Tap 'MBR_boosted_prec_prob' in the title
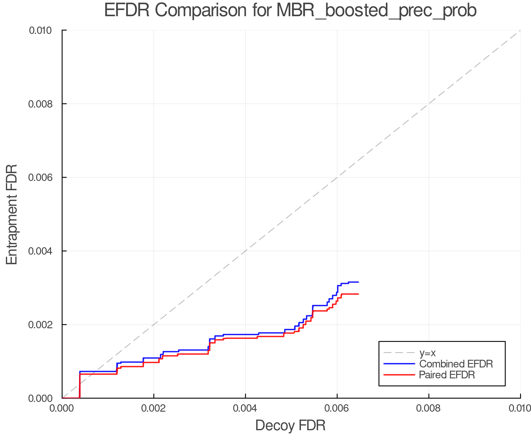tap(376, 11)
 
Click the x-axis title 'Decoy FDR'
tap(290, 425)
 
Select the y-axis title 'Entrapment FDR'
tap(12, 214)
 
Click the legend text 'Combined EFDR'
tap(456, 364)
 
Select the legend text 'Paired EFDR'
tap(447, 375)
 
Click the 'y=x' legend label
tap(427, 353)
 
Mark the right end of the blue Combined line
tap(358, 282)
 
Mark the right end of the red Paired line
tap(358, 294)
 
